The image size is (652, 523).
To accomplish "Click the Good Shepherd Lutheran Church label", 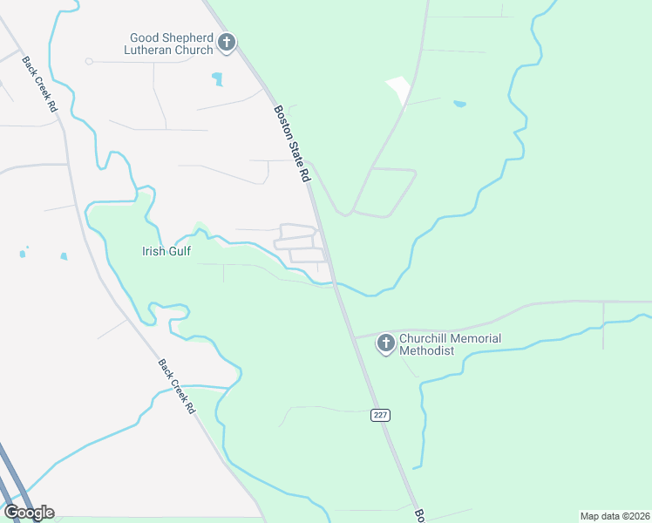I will pyautogui.click(x=171, y=44).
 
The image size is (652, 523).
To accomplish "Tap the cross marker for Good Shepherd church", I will pyautogui.click(x=227, y=43).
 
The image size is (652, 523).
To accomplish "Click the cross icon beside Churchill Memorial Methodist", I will pyautogui.click(x=385, y=344).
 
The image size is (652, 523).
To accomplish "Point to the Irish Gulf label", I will pyautogui.click(x=166, y=252).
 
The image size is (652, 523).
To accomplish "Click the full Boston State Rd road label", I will pyautogui.click(x=293, y=144).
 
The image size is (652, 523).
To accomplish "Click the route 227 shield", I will pyautogui.click(x=380, y=415).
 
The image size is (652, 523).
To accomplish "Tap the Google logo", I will pyautogui.click(x=28, y=512).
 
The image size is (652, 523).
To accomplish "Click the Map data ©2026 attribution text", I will pyautogui.click(x=615, y=516).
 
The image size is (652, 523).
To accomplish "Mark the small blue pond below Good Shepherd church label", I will pyautogui.click(x=216, y=79).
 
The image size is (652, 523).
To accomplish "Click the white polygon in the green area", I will pyautogui.click(x=399, y=90).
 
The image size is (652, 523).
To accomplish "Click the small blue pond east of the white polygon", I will pyautogui.click(x=459, y=105).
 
